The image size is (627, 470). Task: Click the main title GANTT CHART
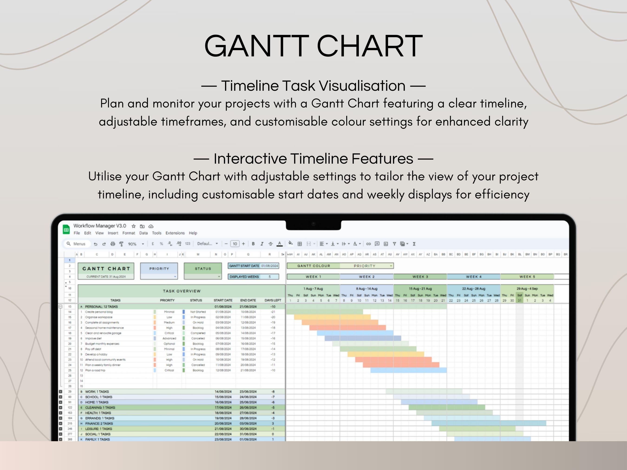(x=313, y=46)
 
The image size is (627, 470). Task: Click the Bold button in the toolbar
(x=253, y=244)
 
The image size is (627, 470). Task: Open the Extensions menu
(x=175, y=233)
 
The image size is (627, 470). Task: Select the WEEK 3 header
(x=420, y=276)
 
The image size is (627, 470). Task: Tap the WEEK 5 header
(x=527, y=276)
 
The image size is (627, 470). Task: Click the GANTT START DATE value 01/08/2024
(x=270, y=266)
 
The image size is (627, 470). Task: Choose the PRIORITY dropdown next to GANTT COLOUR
(x=366, y=266)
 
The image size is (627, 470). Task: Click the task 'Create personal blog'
(x=99, y=312)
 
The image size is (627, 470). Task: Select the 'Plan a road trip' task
(x=95, y=370)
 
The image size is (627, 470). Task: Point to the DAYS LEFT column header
(x=273, y=300)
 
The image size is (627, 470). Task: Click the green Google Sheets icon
(x=66, y=230)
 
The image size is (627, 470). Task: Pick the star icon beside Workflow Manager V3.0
(x=134, y=226)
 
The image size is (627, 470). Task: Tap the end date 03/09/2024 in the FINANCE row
(x=248, y=423)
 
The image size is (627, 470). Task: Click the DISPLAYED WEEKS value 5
(x=270, y=276)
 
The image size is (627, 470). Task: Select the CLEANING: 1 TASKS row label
(x=100, y=407)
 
